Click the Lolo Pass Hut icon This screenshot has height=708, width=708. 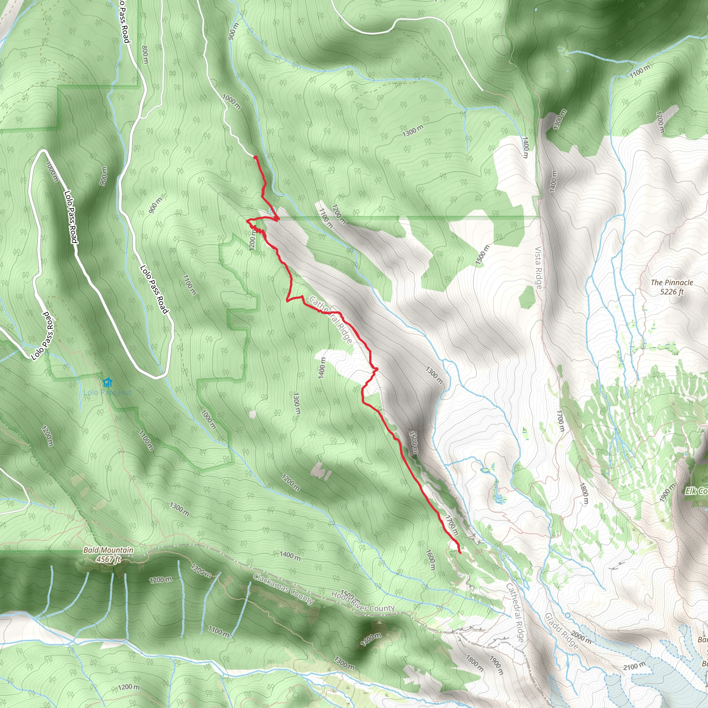(x=107, y=383)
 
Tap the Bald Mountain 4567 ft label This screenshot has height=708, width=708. (x=108, y=555)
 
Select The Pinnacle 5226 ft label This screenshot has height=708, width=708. (x=672, y=287)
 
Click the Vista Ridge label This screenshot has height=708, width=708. (x=538, y=268)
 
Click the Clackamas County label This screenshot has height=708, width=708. (x=283, y=589)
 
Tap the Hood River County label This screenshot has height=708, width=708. (x=363, y=602)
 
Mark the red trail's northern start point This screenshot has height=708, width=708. (x=255, y=157)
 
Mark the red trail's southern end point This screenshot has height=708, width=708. (x=459, y=552)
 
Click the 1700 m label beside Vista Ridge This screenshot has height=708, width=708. (x=560, y=421)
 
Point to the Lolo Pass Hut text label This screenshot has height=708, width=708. (x=108, y=392)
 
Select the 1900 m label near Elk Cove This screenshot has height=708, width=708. (x=667, y=493)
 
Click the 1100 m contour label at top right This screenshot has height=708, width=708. (x=640, y=71)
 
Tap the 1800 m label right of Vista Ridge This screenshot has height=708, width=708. (x=584, y=494)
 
